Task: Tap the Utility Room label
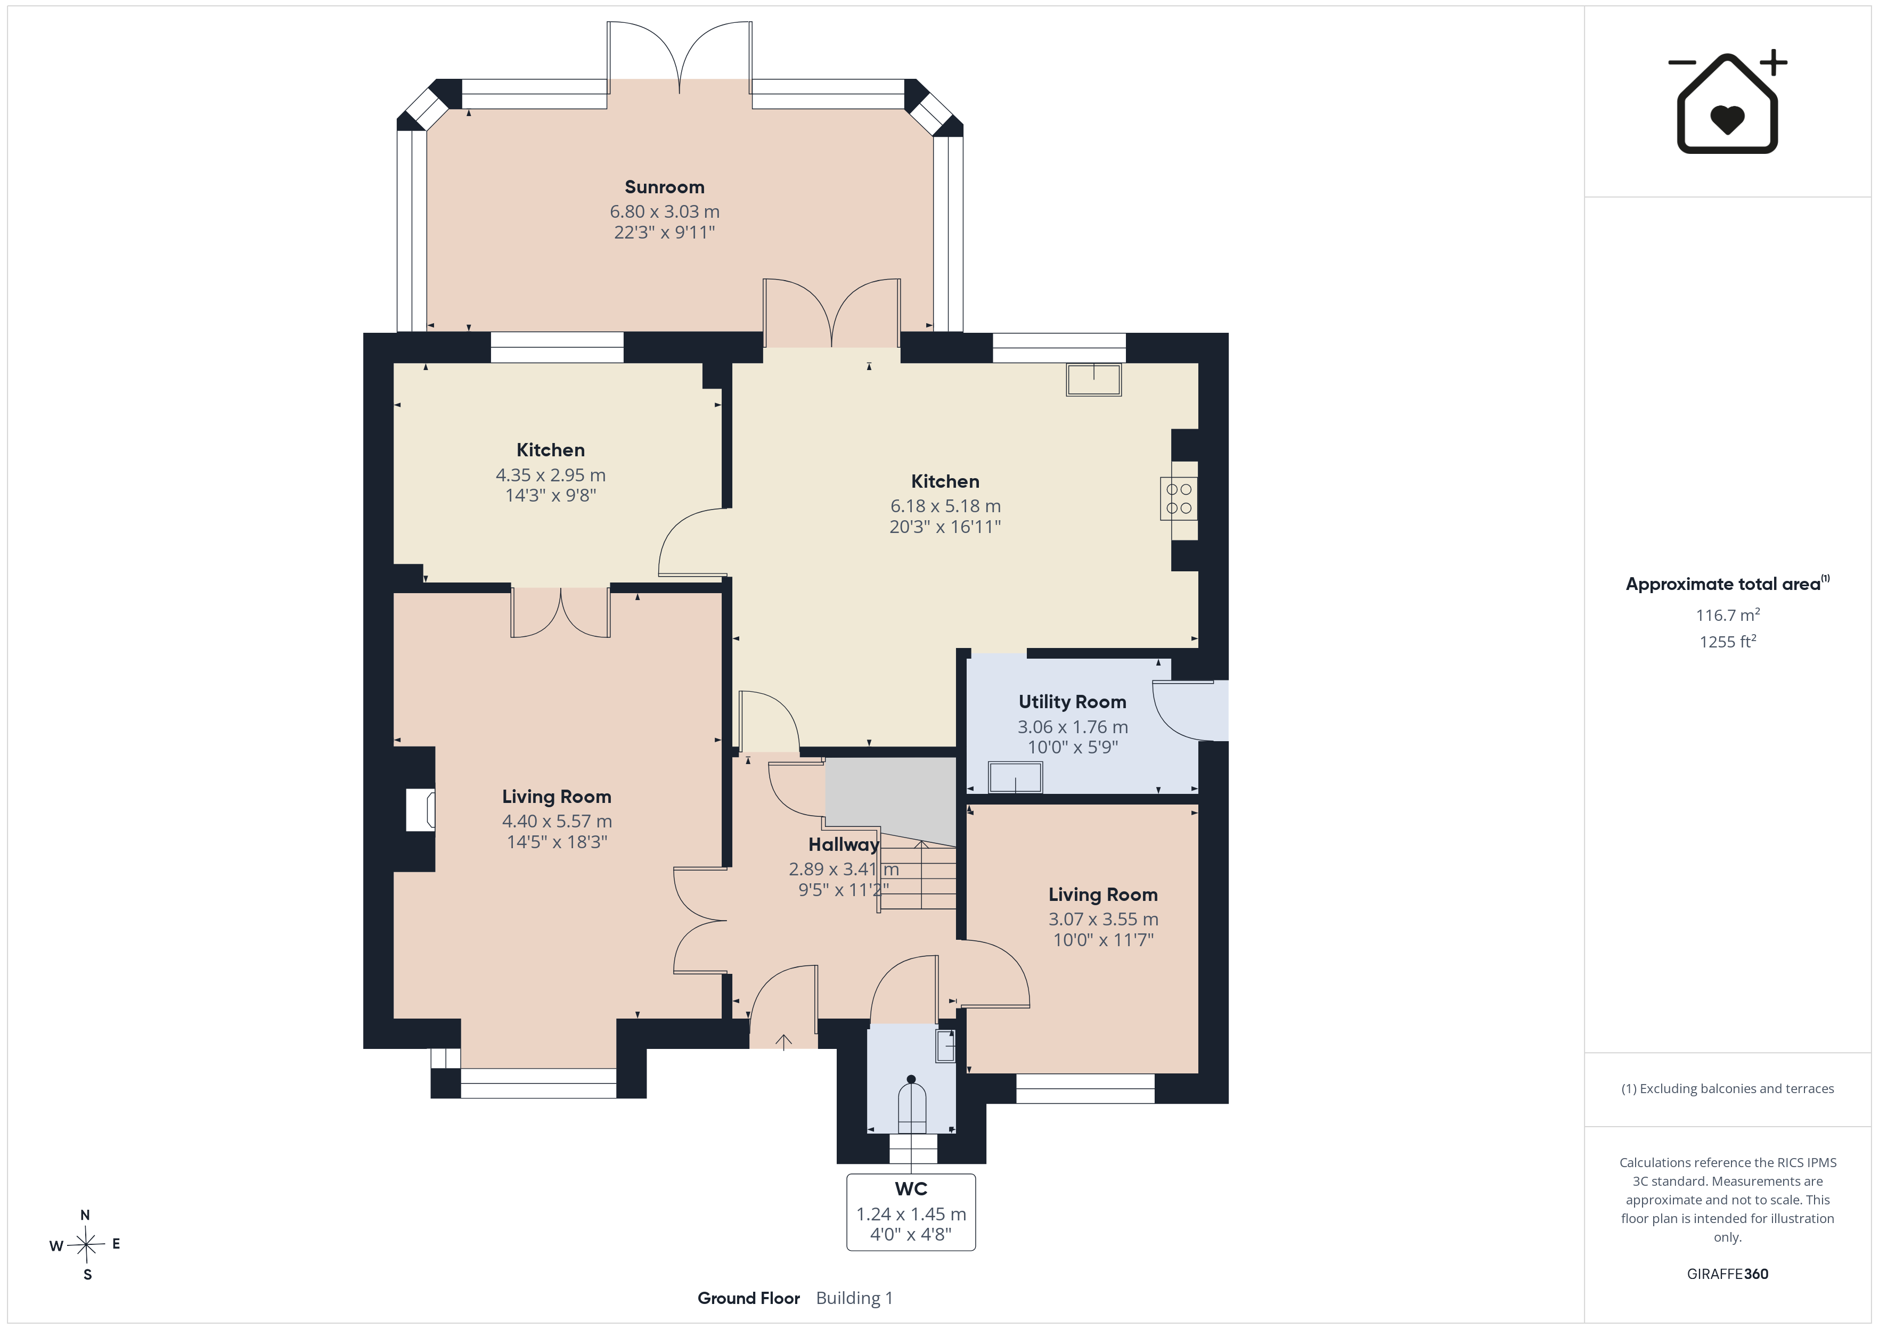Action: (1072, 702)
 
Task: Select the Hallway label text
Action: (844, 844)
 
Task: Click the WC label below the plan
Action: (911, 1189)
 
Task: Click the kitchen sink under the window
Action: (1093, 380)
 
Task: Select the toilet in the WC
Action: (912, 1105)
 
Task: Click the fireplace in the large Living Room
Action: (421, 810)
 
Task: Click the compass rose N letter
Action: (85, 1215)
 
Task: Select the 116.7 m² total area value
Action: (1728, 614)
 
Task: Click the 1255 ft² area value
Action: (1728, 642)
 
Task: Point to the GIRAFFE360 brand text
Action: (1728, 1274)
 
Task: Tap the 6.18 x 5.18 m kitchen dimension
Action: (945, 506)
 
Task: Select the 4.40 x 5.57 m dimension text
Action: (557, 822)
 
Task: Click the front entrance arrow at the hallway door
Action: (783, 1041)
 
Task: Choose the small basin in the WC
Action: (945, 1046)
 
